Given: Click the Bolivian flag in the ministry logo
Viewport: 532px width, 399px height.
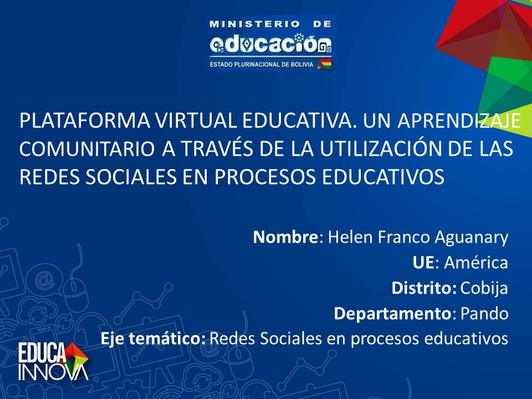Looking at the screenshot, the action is click(x=324, y=64).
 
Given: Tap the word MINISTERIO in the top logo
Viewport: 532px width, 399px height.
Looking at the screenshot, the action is click(x=254, y=24).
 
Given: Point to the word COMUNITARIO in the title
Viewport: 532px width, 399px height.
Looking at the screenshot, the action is click(x=87, y=149).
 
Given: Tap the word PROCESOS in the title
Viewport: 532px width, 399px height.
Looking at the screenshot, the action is click(x=265, y=177).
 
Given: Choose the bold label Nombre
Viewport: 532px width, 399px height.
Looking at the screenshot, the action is click(x=285, y=237).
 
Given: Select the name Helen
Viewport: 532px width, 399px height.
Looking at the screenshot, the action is click(x=350, y=237).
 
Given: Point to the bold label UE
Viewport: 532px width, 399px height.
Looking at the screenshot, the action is click(x=423, y=263).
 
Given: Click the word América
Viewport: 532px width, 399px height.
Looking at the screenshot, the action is click(x=476, y=262).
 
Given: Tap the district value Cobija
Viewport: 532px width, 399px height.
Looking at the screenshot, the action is click(x=484, y=288).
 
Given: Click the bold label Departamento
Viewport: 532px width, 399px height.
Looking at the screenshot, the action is click(x=392, y=314).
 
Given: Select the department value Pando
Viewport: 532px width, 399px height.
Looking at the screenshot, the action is click(x=484, y=314).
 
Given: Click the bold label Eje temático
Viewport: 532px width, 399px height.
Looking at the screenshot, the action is click(x=153, y=339).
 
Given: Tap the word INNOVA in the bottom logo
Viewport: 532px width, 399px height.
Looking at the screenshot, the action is click(x=53, y=372).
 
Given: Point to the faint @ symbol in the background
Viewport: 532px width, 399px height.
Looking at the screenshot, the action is click(x=46, y=280).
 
